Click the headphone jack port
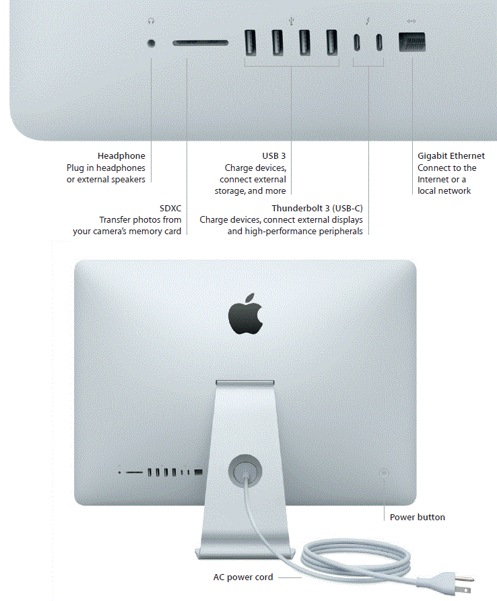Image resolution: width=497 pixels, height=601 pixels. click(x=151, y=44)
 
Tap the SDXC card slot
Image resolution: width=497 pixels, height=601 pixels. click(x=200, y=44)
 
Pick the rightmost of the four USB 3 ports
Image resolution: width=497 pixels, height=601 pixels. click(x=331, y=43)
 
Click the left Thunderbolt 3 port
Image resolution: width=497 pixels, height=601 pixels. click(x=357, y=43)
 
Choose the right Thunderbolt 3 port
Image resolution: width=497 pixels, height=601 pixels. click(x=380, y=43)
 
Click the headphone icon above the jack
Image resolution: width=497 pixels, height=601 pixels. click(x=151, y=21)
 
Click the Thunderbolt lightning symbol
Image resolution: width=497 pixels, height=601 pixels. click(x=368, y=21)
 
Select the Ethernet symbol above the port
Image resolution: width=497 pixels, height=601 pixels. click(x=411, y=21)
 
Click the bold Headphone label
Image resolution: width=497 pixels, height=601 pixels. click(x=121, y=156)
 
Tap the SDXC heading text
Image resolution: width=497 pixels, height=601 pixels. click(x=169, y=208)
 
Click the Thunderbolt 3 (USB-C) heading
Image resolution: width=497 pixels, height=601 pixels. click(x=317, y=208)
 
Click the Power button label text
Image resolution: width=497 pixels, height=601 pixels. click(x=418, y=518)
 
